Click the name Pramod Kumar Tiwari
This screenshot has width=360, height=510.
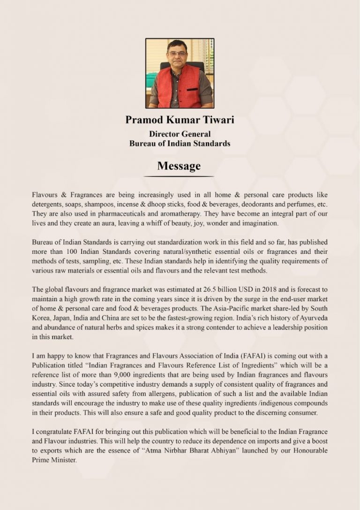tap(180, 120)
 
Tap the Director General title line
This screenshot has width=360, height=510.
tap(180, 134)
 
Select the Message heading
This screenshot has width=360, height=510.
tap(179, 166)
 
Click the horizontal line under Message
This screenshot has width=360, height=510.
tap(179, 176)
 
